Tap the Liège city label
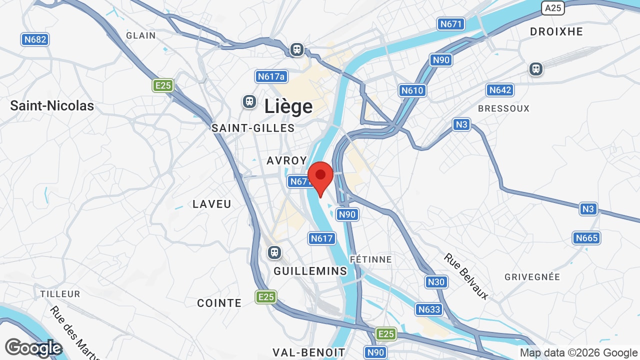coord(288,106)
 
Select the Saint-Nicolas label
coord(52,105)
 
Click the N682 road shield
coord(35,39)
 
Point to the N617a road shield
coord(271,76)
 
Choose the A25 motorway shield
coord(553,7)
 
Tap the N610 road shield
coord(412,90)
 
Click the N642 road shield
coord(500,90)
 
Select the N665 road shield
coord(586,238)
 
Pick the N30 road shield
coord(435,282)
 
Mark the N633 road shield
coord(429,309)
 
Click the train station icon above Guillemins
coord(274,252)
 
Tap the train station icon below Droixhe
coord(536,68)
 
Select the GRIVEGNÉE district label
coord(532,276)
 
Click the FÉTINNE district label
coord(370,259)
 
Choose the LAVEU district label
coord(212,204)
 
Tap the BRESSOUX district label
coord(503,108)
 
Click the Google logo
coord(33,348)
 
